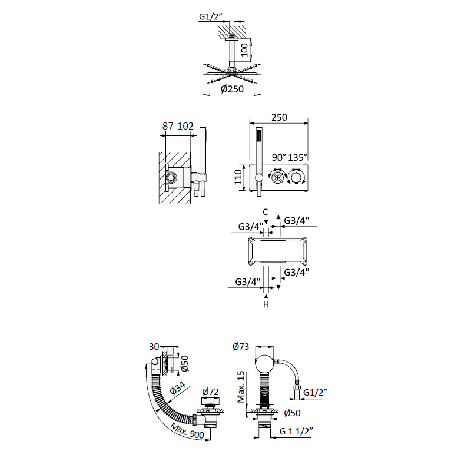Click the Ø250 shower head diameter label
tap(232, 89)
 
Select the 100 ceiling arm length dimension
tap(244, 50)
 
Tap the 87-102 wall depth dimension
tap(178, 126)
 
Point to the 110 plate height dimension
tap(238, 177)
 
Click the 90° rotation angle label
tap(278, 157)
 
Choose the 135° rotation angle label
tap(298, 157)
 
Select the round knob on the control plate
tap(296, 178)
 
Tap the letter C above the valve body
tap(266, 212)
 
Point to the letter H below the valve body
tap(266, 304)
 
